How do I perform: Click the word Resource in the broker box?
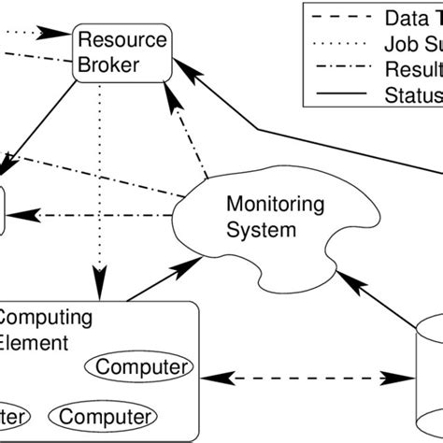[121, 41]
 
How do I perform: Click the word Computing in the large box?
[45, 318]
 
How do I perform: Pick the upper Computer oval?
[140, 365]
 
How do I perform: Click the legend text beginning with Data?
[411, 17]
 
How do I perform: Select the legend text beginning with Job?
[411, 42]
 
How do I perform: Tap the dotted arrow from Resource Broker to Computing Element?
[95, 178]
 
